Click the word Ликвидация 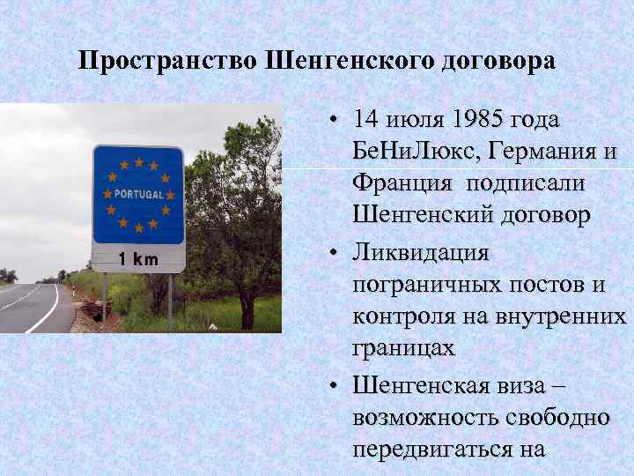(x=420, y=254)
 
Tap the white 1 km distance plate (x=138, y=259)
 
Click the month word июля (x=413, y=119)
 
